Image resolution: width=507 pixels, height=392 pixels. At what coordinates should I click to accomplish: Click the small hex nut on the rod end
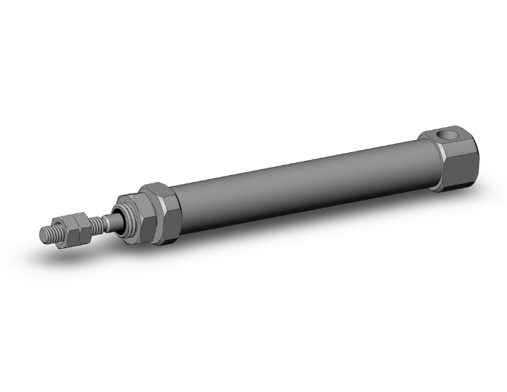point(73,228)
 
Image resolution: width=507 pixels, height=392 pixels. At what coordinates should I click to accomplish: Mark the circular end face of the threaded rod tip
point(42,234)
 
